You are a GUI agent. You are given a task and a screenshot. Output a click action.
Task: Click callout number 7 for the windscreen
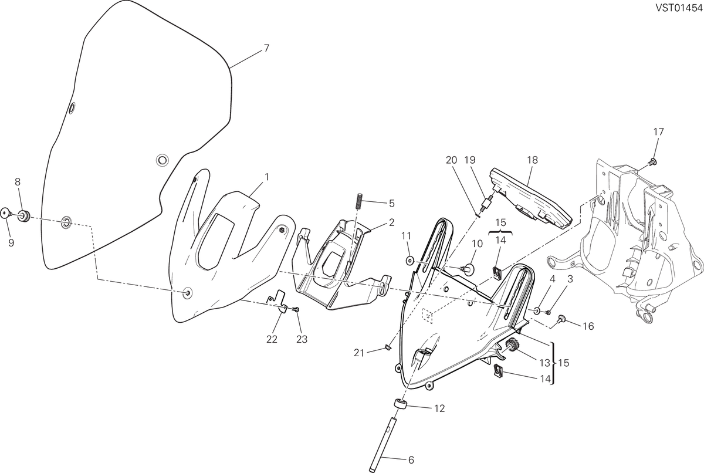coord(266,48)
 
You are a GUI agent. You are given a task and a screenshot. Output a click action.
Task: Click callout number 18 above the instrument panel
coord(533,160)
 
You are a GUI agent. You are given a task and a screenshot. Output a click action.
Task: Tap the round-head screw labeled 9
coord(6,213)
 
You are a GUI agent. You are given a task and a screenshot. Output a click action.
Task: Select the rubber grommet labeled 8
coord(24,215)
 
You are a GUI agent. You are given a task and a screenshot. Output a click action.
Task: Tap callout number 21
coord(359,353)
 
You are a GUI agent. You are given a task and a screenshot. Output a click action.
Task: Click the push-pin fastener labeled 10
coord(468,269)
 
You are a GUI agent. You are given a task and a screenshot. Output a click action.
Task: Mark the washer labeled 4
coord(536,311)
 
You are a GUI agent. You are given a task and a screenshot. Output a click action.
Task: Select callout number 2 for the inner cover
coord(392,222)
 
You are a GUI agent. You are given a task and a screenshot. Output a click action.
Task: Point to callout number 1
coord(267,177)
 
